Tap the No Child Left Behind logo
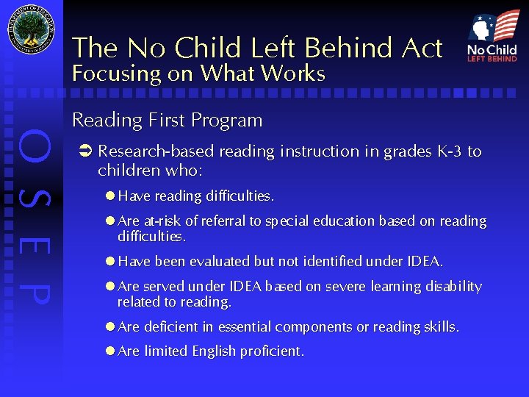click(x=492, y=36)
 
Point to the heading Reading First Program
click(x=167, y=120)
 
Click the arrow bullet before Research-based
click(x=84, y=152)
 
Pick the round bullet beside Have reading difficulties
click(x=110, y=196)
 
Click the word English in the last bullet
click(x=214, y=351)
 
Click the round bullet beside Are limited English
click(x=110, y=351)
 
